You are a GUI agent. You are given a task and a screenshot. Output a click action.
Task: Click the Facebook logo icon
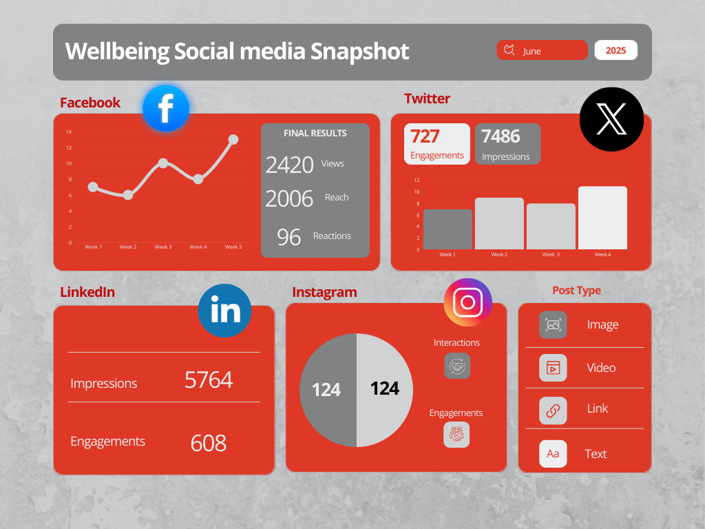(165, 108)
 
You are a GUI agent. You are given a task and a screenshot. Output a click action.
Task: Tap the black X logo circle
(611, 120)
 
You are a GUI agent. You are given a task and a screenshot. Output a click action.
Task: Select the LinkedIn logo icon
(224, 311)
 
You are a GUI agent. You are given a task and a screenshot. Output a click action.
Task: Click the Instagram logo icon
(468, 302)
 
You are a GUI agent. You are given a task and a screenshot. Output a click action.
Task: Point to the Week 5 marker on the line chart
(233, 139)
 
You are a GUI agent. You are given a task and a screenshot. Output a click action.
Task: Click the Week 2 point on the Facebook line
(128, 195)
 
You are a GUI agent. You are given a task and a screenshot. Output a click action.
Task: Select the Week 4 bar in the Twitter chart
(602, 218)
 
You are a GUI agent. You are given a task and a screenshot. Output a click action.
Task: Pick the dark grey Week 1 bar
(448, 229)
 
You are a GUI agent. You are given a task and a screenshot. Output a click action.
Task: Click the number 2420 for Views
(289, 165)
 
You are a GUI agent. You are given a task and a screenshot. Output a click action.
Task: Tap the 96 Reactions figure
(289, 237)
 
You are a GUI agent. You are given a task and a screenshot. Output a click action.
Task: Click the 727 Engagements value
(425, 136)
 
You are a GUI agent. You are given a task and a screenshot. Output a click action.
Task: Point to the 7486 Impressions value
(501, 136)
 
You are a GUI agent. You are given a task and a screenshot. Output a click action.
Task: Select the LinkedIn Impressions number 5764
(209, 380)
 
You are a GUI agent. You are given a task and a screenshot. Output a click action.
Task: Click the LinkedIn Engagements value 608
(209, 443)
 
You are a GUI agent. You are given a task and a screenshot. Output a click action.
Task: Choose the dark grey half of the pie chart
(328, 390)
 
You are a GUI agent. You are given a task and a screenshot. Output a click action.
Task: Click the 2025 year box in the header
(615, 50)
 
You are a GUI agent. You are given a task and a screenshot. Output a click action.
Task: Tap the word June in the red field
(532, 51)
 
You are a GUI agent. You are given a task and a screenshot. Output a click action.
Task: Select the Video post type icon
(553, 368)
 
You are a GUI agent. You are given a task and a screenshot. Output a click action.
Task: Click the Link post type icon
(553, 411)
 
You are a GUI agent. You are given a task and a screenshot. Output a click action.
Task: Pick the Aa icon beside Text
(553, 454)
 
